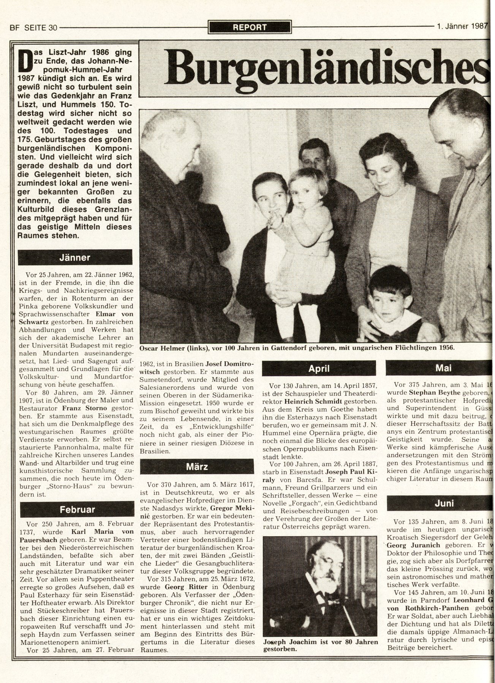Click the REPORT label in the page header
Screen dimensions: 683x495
(x=250, y=27)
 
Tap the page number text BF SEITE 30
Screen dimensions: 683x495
(x=33, y=27)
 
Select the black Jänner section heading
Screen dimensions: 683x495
(x=75, y=257)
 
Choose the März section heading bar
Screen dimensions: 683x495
(x=197, y=466)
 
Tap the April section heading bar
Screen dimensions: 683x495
(x=318, y=368)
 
